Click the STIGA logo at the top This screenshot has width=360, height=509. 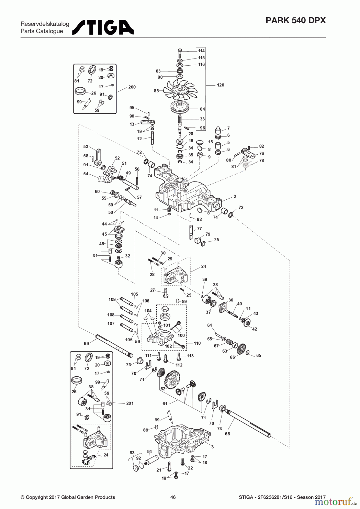tap(103, 27)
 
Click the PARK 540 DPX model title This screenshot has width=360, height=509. tap(296, 20)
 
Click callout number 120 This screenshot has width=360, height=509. tap(220, 85)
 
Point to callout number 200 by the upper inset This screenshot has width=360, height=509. tap(132, 87)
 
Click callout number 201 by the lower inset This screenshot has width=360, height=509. tap(130, 403)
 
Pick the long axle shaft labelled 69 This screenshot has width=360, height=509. tap(113, 345)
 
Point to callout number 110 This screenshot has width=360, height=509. tap(197, 343)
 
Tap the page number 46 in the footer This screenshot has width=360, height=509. tap(173, 497)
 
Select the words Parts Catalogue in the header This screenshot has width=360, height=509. tap(42, 31)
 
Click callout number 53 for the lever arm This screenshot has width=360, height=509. tap(86, 146)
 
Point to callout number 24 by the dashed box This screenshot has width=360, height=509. tap(203, 266)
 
